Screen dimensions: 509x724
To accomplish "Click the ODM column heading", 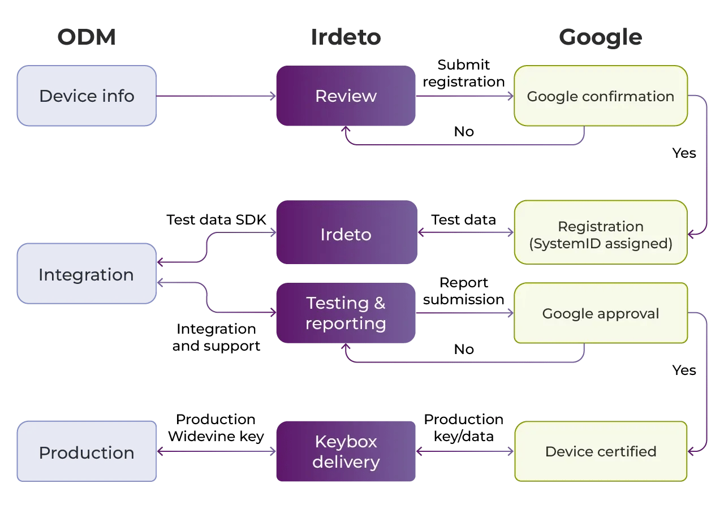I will (87, 37).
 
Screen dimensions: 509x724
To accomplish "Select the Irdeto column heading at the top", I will (346, 37).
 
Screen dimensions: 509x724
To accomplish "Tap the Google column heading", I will (600, 37).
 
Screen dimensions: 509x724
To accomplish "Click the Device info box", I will (87, 96).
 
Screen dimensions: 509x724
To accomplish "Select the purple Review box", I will (346, 96).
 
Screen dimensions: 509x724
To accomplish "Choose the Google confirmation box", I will (600, 96).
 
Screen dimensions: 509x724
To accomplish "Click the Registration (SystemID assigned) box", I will (600, 235).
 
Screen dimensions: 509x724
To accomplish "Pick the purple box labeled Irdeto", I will (346, 234).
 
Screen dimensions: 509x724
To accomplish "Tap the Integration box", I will (87, 275).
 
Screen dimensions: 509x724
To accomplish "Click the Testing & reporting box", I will (346, 313).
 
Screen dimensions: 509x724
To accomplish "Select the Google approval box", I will (600, 313).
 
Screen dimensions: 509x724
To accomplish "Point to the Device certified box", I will (600, 451).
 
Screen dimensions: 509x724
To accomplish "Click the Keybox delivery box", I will (346, 451).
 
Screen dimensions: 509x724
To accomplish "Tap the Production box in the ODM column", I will (87, 452).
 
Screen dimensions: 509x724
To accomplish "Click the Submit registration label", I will (464, 74).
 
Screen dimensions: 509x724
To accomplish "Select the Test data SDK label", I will (216, 219).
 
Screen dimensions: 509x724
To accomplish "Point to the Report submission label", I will (464, 291).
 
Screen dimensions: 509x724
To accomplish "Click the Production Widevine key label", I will (216, 428).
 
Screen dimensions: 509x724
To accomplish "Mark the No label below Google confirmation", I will (464, 132).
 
